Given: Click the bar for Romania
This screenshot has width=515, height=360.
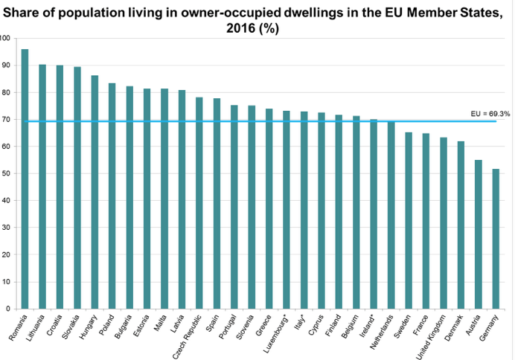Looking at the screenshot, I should click(25, 179).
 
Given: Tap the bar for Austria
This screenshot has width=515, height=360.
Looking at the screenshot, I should click(479, 234).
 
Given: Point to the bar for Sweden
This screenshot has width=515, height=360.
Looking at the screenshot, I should click(409, 220).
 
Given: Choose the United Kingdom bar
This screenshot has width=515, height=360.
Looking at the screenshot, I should click(444, 223).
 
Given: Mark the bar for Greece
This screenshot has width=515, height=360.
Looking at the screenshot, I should click(269, 209).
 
